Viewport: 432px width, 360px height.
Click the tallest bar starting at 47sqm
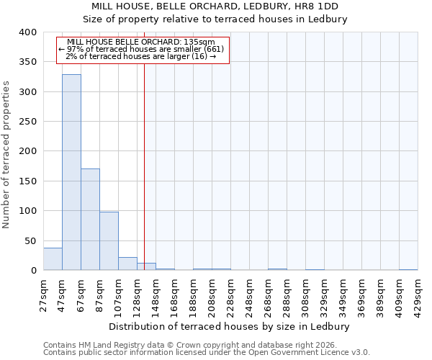pos(71,173)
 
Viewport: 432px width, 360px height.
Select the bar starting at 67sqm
pos(90,220)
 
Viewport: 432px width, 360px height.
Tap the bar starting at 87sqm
pos(109,241)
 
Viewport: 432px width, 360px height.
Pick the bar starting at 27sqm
pos(53,259)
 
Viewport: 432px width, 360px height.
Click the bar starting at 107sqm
pos(127,264)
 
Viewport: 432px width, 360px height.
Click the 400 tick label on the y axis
pos(27,32)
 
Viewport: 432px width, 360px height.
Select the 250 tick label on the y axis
pos(27,122)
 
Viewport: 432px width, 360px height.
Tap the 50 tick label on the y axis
pos(30,240)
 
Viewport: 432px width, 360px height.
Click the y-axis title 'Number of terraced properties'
pos(6,154)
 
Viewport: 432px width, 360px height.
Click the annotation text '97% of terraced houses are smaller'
pos(142,49)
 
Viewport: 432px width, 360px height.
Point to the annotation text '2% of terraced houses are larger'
pos(142,56)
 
